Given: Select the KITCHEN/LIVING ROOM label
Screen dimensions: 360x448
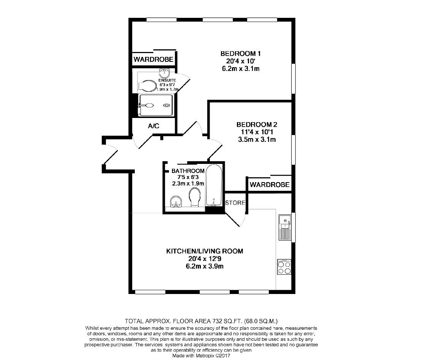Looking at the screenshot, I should pos(204,251).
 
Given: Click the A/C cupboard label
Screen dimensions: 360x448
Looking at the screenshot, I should pos(153,126).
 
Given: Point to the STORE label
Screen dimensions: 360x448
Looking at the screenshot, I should pos(235,203).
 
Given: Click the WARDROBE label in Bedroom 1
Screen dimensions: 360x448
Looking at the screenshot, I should pos(153,60).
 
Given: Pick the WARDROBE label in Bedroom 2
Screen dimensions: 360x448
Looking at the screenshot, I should pos(270,185).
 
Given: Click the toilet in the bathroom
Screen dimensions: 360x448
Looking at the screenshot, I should pos(195,198).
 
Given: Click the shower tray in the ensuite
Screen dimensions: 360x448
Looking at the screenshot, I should pos(156,105).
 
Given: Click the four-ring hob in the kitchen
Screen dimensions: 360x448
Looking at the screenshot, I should pos(284,267).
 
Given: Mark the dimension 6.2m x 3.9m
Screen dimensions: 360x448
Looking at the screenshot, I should pos(204,266).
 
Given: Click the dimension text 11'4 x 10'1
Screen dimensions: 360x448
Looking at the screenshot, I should pos(257,132).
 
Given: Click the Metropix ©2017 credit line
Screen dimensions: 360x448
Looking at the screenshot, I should pos(201,356).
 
